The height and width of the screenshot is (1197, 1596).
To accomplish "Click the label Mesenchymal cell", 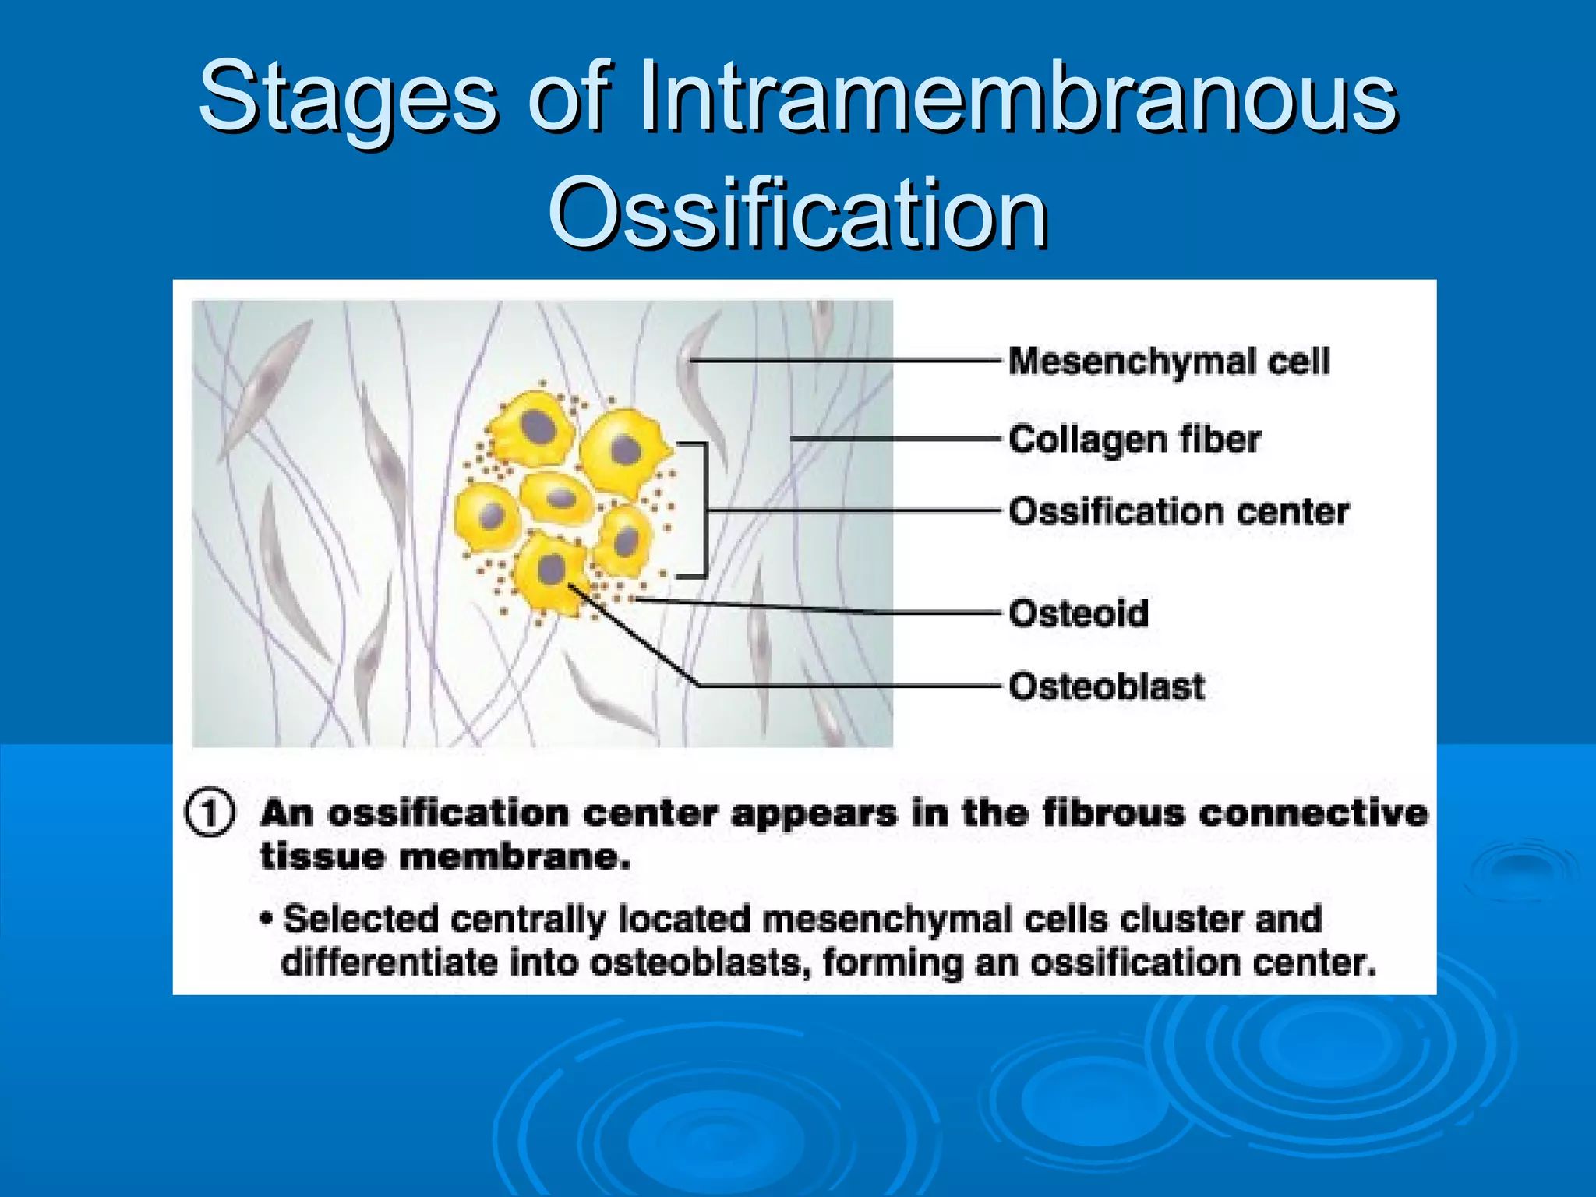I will coord(1169,362).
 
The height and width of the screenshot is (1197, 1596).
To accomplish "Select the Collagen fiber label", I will coord(1135,440).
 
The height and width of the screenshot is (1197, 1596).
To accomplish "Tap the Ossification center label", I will coord(1178,512).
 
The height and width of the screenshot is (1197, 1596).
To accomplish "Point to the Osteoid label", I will coord(1079,613).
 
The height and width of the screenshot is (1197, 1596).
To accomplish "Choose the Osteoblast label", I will coord(1107,687).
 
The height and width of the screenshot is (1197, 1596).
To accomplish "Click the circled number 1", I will coord(209,813).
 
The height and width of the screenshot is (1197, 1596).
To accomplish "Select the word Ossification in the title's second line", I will coord(798,212).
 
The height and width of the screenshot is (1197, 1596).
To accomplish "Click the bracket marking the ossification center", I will coord(703,510).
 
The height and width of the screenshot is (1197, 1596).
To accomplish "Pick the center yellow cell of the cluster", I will coord(558,499).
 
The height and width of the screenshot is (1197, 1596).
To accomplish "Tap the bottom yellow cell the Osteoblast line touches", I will coord(550,573).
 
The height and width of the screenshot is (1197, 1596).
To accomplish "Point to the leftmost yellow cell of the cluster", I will coord(487,517).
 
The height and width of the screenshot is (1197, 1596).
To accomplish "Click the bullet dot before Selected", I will coord(267,920).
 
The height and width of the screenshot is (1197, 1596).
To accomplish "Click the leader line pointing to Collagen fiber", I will coord(896,440).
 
